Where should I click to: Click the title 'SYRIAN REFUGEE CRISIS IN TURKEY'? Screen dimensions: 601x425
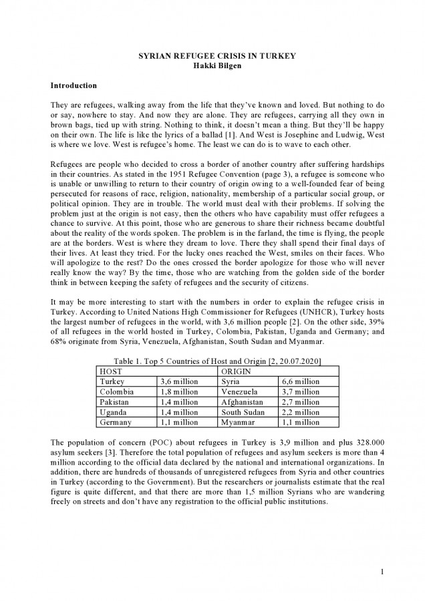click(212, 58)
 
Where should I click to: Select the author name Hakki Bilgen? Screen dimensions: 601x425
click(212, 68)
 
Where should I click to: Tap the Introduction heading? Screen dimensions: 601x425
click(74, 86)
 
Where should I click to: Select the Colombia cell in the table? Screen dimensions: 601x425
click(116, 392)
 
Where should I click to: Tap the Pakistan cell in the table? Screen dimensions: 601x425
click(114, 402)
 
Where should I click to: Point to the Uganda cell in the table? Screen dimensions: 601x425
click(112, 413)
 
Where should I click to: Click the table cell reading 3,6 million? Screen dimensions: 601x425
click(179, 381)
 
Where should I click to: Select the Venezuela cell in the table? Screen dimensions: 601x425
click(239, 392)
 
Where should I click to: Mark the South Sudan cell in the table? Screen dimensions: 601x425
click(243, 413)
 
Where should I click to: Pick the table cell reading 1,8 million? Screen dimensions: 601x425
click(179, 392)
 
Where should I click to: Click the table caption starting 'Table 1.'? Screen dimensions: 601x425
click(212, 361)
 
